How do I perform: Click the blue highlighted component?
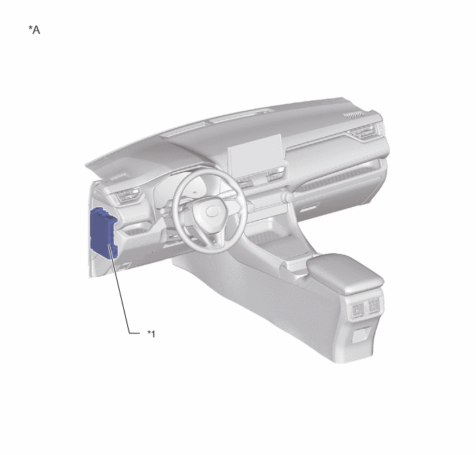coord(104,233)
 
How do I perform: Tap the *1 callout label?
coord(152,334)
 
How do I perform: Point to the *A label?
coord(35,30)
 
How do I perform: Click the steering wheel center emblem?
coord(212,212)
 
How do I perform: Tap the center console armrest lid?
coord(345,273)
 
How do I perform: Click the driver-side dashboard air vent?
coord(128,195)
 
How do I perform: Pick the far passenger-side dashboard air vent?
coord(363,131)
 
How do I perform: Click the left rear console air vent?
coord(358,309)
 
